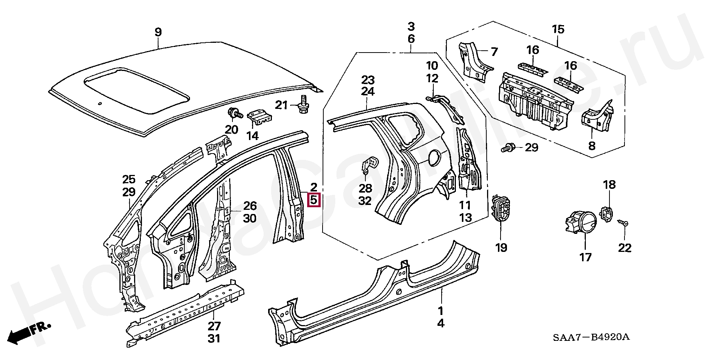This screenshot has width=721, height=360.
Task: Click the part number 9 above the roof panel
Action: (x=158, y=32)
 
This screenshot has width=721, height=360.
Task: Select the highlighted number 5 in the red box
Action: (x=314, y=199)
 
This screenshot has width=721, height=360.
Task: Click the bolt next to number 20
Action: (x=233, y=113)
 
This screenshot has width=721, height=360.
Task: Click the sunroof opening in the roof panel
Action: (x=137, y=90)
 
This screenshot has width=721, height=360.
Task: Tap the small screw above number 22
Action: (x=624, y=223)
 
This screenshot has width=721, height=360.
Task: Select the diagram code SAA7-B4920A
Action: (x=591, y=337)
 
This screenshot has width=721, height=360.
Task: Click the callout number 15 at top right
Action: (x=558, y=29)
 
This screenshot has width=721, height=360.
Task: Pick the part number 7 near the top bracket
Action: (x=494, y=51)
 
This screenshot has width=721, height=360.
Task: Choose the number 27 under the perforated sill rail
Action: (x=214, y=326)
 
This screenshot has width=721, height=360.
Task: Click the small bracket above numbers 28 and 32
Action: (x=370, y=164)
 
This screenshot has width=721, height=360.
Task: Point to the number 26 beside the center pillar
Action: (x=250, y=206)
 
